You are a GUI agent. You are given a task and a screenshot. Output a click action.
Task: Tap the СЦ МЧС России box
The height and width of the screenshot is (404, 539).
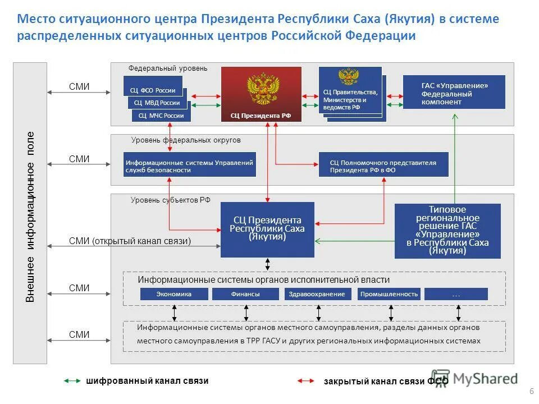tap(161, 116)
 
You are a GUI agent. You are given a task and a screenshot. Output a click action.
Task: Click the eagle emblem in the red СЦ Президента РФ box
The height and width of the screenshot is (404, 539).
tap(263, 88)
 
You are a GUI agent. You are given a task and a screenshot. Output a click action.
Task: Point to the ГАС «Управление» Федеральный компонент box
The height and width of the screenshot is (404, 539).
tap(454, 93)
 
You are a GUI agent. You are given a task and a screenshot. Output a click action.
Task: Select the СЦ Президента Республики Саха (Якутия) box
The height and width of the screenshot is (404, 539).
tap(267, 229)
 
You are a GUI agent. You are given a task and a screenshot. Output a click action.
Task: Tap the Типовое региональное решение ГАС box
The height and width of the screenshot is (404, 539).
tap(447, 231)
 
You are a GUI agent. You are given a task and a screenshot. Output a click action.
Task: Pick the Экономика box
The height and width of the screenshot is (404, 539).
tap(174, 294)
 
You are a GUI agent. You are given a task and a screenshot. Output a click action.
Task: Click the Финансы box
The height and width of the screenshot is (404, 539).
tap(245, 294)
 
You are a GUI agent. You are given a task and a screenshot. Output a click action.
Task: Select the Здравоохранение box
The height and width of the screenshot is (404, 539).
tap(318, 294)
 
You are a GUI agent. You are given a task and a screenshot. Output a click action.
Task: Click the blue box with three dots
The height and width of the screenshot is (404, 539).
tap(456, 294)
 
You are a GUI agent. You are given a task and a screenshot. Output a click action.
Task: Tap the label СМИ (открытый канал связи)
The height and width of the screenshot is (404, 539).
tap(130, 241)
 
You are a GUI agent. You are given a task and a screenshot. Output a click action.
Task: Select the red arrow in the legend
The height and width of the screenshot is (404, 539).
tap(305, 382)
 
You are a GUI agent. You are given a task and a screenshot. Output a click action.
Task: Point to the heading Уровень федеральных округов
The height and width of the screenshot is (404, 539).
tap(186, 140)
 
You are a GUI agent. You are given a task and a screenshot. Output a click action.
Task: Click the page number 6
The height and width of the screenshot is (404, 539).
tap(531, 391)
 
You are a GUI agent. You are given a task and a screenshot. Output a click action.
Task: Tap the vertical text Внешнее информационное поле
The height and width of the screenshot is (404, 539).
tap(30, 217)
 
